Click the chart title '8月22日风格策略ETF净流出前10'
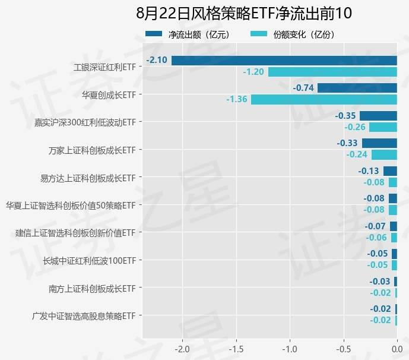tap(244, 14)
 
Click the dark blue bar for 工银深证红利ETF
tap(284, 61)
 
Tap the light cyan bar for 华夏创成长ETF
tap(324, 99)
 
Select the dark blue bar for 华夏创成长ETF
tap(357, 88)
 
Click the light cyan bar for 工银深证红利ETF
tap(332, 72)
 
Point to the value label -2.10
tap(157, 61)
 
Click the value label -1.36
tap(236, 99)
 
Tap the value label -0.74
tap(303, 88)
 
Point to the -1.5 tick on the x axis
tap(236, 348)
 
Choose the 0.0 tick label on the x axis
tap(397, 348)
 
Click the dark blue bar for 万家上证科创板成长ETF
tap(379, 143)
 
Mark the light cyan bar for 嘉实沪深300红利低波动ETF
tap(383, 127)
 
